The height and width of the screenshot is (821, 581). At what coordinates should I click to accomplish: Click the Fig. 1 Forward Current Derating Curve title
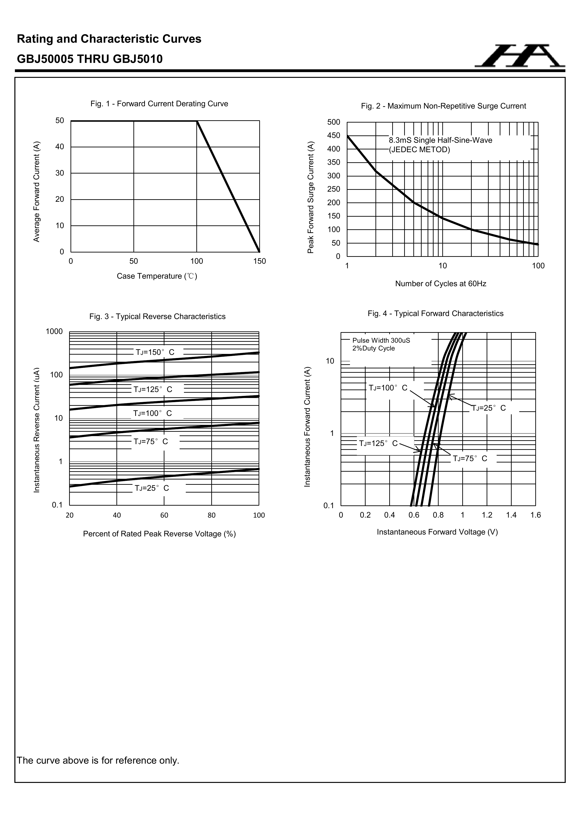pos(159,104)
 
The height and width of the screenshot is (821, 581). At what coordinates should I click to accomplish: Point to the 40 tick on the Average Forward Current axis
pos(60,147)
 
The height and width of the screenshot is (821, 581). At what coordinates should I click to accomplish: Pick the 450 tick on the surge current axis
pos(333,135)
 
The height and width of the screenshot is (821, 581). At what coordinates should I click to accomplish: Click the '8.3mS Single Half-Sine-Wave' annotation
pos(440,140)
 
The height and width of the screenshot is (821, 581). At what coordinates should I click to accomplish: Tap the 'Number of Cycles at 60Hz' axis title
pos(440,283)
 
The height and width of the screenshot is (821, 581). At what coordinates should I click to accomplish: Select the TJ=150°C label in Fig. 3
pos(155,352)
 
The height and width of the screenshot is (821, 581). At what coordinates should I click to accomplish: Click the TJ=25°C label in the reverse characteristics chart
pos(152,488)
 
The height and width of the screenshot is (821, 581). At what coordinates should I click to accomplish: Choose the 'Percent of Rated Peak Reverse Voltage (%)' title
pos(159,534)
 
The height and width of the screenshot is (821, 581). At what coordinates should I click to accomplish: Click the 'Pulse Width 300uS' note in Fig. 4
pos(381,340)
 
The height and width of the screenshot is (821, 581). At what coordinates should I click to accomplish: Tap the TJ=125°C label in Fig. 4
pos(378,443)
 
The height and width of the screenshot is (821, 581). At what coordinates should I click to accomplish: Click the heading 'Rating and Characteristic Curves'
pos(109,39)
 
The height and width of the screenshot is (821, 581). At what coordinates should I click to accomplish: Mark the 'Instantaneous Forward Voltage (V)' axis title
pos(437,532)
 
